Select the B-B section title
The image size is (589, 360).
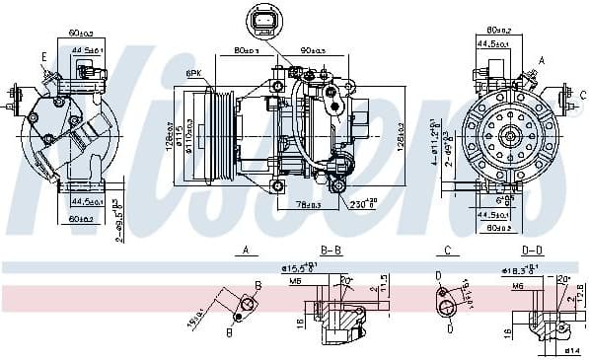pyautogui.click(x=331, y=252)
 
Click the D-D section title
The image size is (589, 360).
pyautogui.click(x=532, y=252)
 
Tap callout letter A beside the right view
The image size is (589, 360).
pyautogui.click(x=541, y=59)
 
